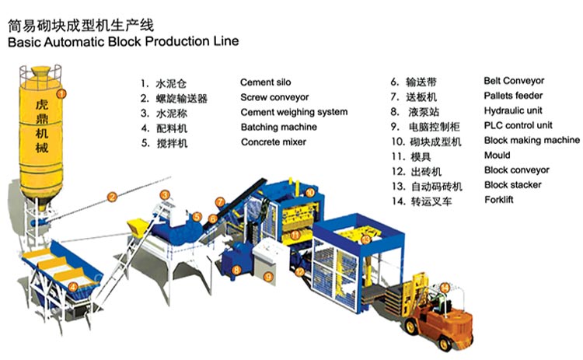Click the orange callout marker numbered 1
point(63,93)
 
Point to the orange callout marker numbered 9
point(267,276)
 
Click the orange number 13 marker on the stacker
point(366,239)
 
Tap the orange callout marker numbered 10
point(309,192)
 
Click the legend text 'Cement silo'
point(267,82)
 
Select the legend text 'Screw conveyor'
point(274,97)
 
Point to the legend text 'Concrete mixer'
point(274,142)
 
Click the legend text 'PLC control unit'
point(518,125)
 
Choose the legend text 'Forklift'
point(498,200)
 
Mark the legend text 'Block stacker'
point(512,185)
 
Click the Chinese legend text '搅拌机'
point(172,143)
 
